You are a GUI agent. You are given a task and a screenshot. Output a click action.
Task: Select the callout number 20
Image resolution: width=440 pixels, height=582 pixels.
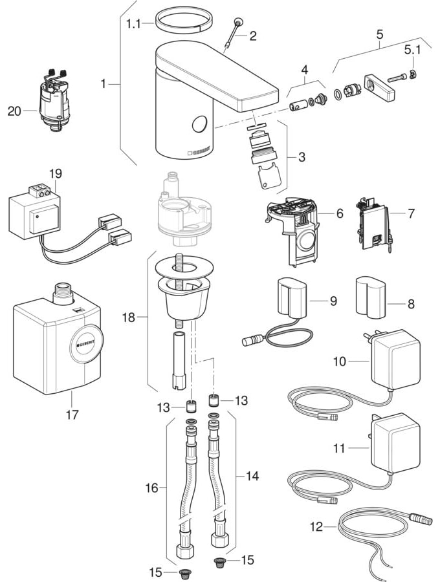14,111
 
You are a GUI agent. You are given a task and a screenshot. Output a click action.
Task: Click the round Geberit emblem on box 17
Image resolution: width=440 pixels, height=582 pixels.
86,341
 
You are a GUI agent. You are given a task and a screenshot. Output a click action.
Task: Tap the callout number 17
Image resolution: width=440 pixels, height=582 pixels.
72,415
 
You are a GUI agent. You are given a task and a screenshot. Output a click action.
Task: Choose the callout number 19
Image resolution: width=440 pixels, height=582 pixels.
55,174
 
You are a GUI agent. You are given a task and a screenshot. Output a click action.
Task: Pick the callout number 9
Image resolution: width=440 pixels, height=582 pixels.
334,301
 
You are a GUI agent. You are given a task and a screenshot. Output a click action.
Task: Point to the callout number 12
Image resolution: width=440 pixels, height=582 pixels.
315,526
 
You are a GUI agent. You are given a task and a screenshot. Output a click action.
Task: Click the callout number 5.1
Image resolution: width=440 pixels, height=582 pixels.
413,48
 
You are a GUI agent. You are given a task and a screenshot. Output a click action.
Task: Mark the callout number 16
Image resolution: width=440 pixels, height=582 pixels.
151,488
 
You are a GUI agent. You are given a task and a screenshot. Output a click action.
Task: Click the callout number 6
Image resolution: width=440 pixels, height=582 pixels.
339,213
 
